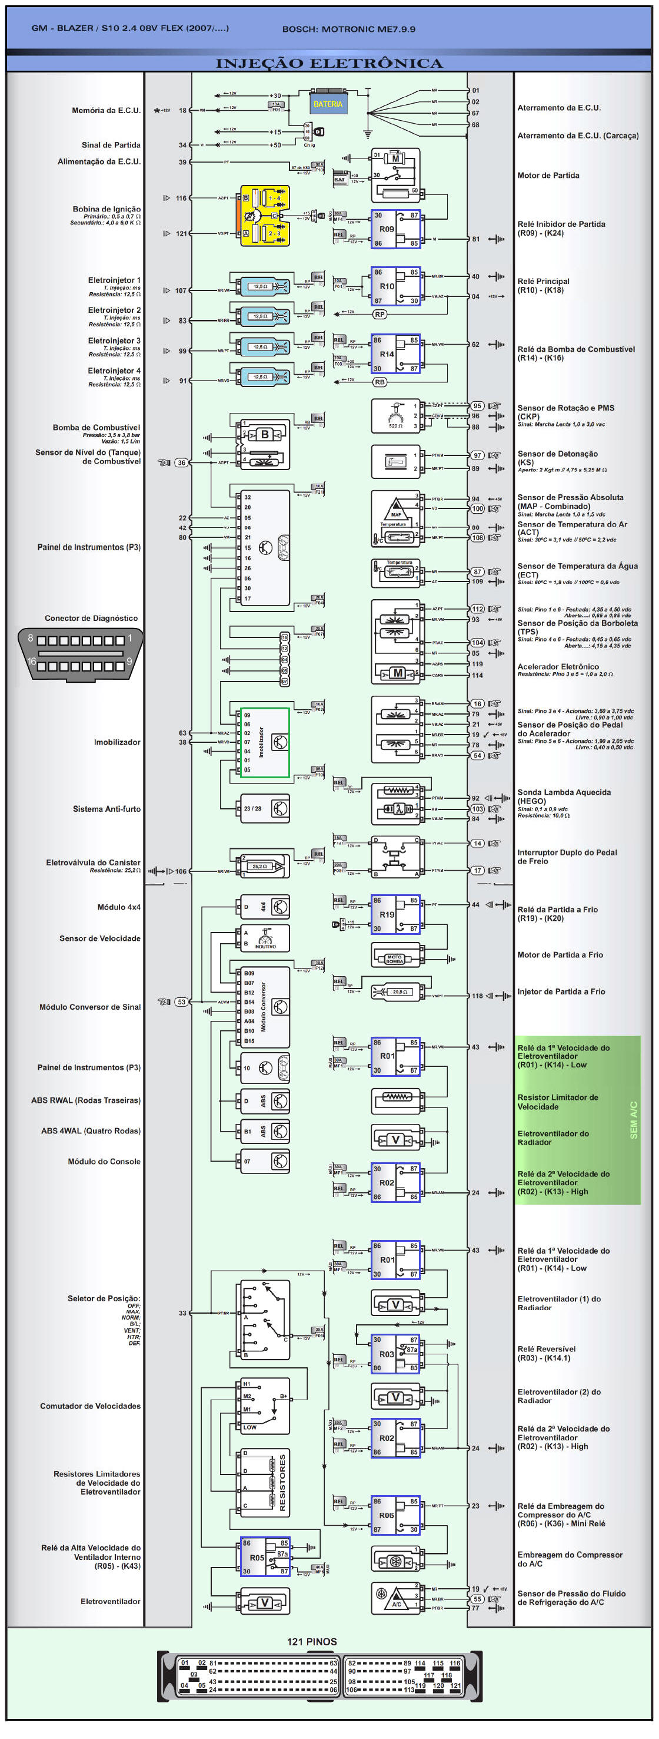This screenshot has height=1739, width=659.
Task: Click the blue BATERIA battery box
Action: coord(327,103)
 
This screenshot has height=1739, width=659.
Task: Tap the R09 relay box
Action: coord(395,229)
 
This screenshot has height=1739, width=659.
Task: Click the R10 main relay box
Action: coord(395,286)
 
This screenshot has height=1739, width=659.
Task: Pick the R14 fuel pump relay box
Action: coord(395,353)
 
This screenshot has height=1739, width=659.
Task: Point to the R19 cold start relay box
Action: coord(395,914)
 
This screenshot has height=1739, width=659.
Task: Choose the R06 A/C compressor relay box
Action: coord(395,1515)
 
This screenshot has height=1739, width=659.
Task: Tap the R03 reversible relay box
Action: coord(395,1354)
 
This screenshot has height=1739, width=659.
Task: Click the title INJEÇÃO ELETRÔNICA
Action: coord(328,64)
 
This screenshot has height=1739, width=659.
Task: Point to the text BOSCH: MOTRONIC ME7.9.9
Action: coord(348,29)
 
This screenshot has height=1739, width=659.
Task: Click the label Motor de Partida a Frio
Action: coord(560,954)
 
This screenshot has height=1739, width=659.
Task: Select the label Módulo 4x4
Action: coord(119,907)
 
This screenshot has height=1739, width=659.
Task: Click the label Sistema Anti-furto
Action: coord(106,808)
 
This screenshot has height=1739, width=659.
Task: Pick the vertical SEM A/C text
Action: coord(633,1120)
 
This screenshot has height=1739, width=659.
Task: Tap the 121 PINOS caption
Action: coord(312,1641)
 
